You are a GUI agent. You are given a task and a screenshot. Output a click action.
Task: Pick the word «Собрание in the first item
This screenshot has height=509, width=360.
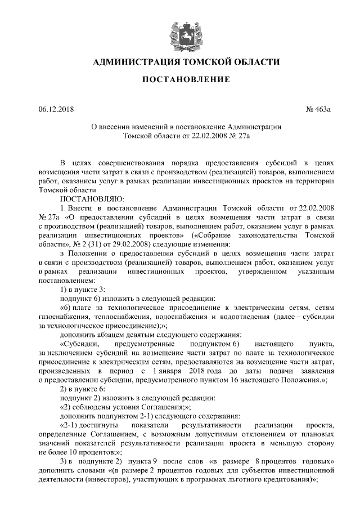point(222,235)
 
